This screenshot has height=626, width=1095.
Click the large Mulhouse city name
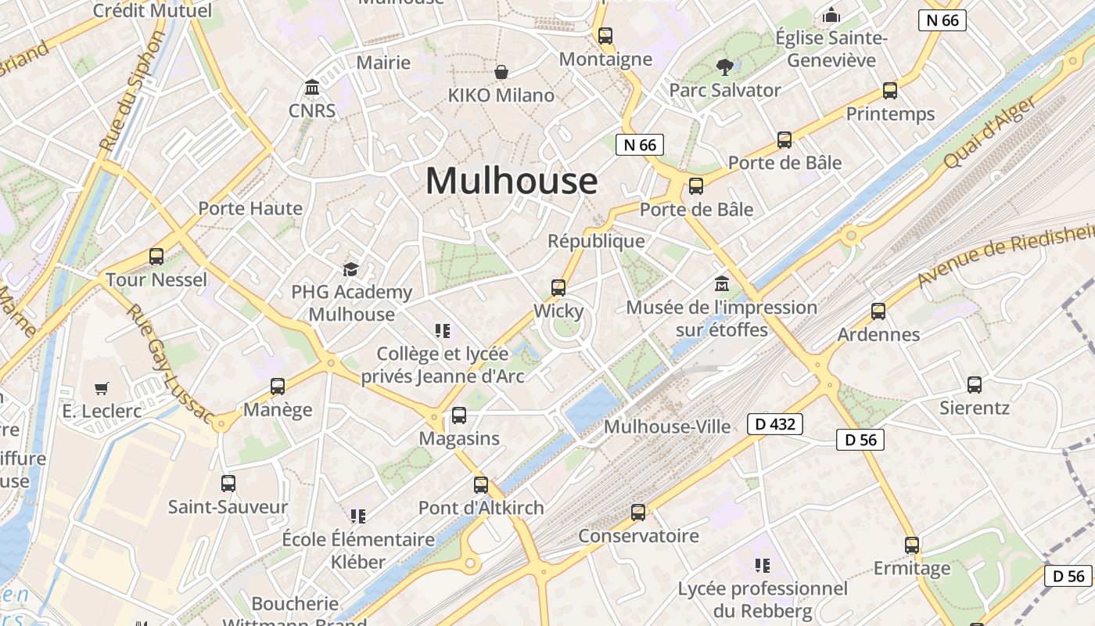[x=512, y=182]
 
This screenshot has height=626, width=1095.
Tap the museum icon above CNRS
[x=312, y=87]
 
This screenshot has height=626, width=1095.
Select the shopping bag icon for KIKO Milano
[x=501, y=72]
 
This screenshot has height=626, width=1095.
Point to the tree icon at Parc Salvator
[x=725, y=67]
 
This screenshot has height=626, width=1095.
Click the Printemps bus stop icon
[x=890, y=91]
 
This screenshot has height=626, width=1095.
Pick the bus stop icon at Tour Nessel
[x=156, y=257]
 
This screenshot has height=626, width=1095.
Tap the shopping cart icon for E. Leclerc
[x=101, y=388]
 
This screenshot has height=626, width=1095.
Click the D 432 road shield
[x=775, y=424]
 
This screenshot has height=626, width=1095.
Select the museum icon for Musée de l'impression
[x=722, y=282]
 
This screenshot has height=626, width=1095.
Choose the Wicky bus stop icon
[x=558, y=288]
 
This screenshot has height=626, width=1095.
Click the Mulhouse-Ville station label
[x=667, y=427]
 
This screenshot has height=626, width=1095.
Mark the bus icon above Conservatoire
[x=638, y=513]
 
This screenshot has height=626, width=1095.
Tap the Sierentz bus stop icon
[x=975, y=385]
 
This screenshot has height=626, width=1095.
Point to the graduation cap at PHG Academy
[x=350, y=270]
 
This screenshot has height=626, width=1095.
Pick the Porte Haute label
[x=250, y=208]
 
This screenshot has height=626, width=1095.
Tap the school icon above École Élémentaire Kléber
[x=358, y=516]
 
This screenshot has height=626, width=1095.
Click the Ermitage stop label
[x=912, y=568]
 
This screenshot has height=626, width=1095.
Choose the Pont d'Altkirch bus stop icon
[x=481, y=485]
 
